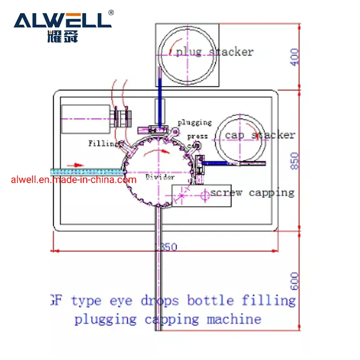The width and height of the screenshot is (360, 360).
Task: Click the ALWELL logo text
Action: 62,21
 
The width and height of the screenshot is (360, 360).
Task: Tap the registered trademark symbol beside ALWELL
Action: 112,13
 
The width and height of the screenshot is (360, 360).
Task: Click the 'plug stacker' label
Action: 215,52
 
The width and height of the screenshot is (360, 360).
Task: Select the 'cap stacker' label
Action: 260,135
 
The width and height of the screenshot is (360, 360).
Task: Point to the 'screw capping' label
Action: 252,193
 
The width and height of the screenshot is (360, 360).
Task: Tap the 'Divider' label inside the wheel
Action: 160,177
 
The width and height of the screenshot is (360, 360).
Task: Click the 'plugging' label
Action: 194,122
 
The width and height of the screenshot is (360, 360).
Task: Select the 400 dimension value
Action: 294,58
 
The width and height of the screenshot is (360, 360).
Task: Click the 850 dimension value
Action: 294,161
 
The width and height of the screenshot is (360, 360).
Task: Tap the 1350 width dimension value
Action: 166,247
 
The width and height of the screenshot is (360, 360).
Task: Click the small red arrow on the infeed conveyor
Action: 78,165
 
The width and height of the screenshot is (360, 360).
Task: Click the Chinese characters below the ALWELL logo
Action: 62,36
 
